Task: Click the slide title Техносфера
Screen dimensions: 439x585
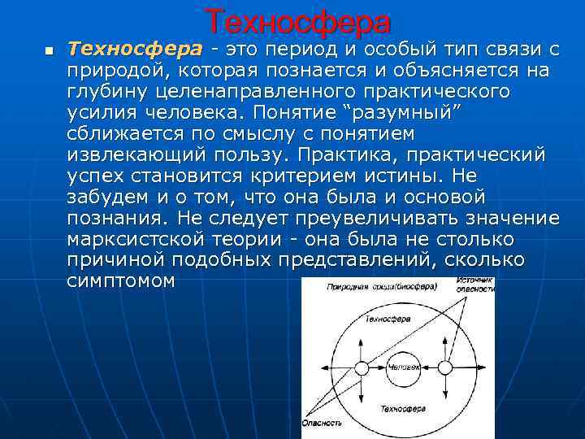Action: tap(297, 21)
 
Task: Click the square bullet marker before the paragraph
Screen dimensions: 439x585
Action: tap(49, 51)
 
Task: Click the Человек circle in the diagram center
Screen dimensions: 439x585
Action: tap(404, 367)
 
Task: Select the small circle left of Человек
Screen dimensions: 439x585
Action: tap(362, 368)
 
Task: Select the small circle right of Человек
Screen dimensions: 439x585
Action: tap(444, 368)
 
